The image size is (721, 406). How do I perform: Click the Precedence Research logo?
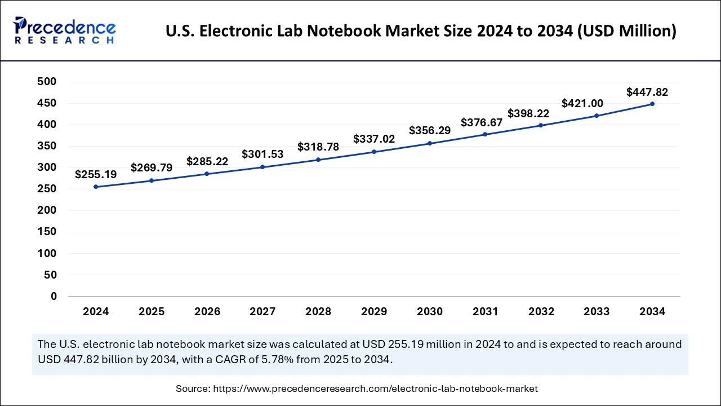(x=65, y=30)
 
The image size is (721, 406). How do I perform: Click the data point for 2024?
(x=96, y=187)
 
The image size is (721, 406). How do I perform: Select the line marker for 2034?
(x=652, y=104)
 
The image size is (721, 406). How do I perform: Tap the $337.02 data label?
(x=374, y=139)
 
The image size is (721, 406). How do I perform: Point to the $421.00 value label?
(x=582, y=103)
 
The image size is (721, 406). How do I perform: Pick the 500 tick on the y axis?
(x=47, y=82)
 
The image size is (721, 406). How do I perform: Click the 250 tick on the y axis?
(x=47, y=189)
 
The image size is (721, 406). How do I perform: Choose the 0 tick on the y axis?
(x=54, y=296)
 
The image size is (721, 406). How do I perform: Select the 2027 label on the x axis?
(x=262, y=312)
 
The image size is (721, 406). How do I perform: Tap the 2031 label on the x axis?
(x=485, y=312)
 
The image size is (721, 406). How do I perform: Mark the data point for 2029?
(x=374, y=152)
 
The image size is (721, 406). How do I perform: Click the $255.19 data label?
(x=96, y=175)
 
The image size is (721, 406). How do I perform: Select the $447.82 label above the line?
(x=647, y=92)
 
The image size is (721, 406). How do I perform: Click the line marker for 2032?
(x=541, y=125)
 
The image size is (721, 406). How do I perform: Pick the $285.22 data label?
(x=207, y=162)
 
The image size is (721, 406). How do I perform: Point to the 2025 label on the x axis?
(x=152, y=312)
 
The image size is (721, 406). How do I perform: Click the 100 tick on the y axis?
(x=47, y=253)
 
